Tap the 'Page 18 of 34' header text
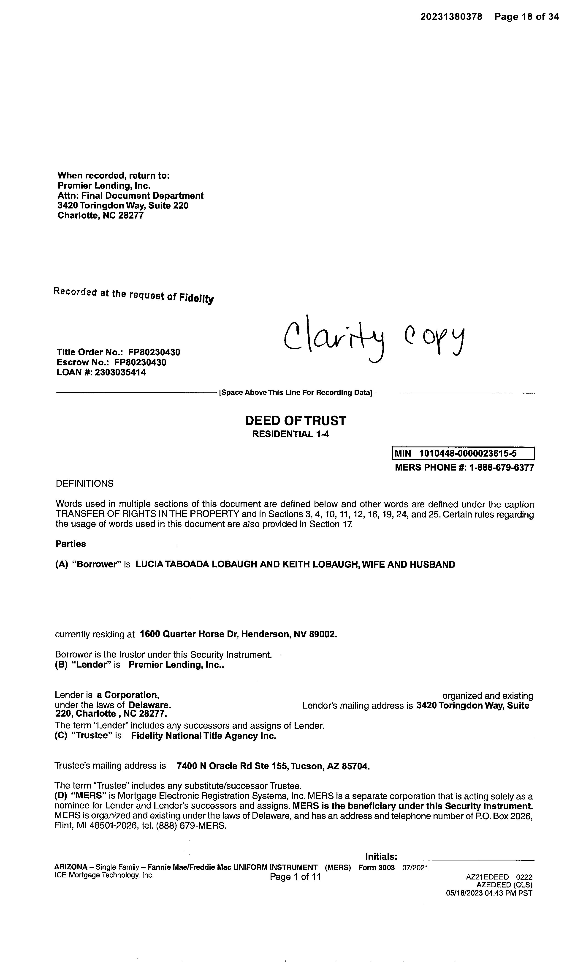click(526, 17)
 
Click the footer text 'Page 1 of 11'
click(295, 877)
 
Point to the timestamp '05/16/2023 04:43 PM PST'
click(489, 893)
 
